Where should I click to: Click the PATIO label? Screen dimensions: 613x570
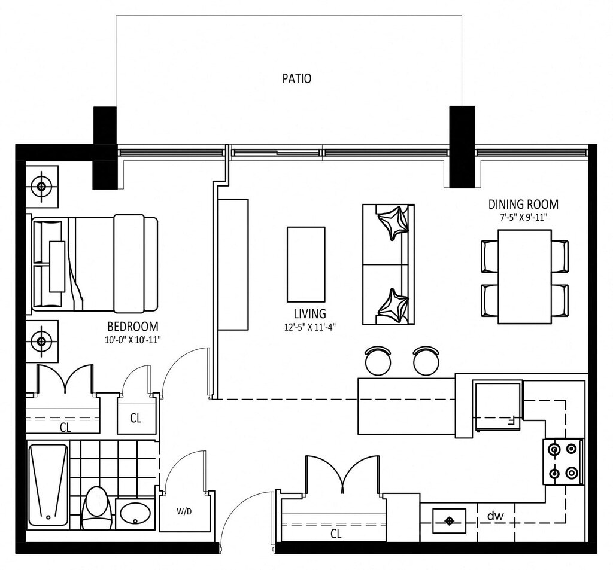(x=297, y=78)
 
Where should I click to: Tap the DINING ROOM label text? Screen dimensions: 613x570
(x=523, y=205)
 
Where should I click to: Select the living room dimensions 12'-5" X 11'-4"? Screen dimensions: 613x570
(x=310, y=327)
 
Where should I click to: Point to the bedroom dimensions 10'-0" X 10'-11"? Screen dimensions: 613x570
(x=133, y=340)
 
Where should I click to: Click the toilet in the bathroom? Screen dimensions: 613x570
(x=96, y=507)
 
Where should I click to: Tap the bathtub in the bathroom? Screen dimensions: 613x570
(x=48, y=485)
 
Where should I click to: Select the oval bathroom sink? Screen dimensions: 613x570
(x=135, y=513)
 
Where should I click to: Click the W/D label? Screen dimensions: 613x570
(x=184, y=511)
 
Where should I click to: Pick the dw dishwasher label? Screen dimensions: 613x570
(x=495, y=516)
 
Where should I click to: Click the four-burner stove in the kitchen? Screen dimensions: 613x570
(x=563, y=461)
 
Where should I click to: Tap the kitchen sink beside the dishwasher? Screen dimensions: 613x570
(x=449, y=520)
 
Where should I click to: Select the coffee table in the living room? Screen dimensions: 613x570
(x=306, y=264)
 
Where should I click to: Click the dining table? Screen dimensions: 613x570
(x=524, y=276)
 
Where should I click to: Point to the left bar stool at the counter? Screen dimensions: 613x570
(x=378, y=361)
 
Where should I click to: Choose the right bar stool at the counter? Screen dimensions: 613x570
(x=426, y=361)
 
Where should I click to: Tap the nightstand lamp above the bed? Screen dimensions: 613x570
(x=41, y=187)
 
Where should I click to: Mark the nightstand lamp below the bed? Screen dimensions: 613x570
(x=41, y=342)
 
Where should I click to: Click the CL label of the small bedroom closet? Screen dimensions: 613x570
(x=136, y=419)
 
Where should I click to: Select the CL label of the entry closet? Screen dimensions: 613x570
(x=336, y=534)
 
